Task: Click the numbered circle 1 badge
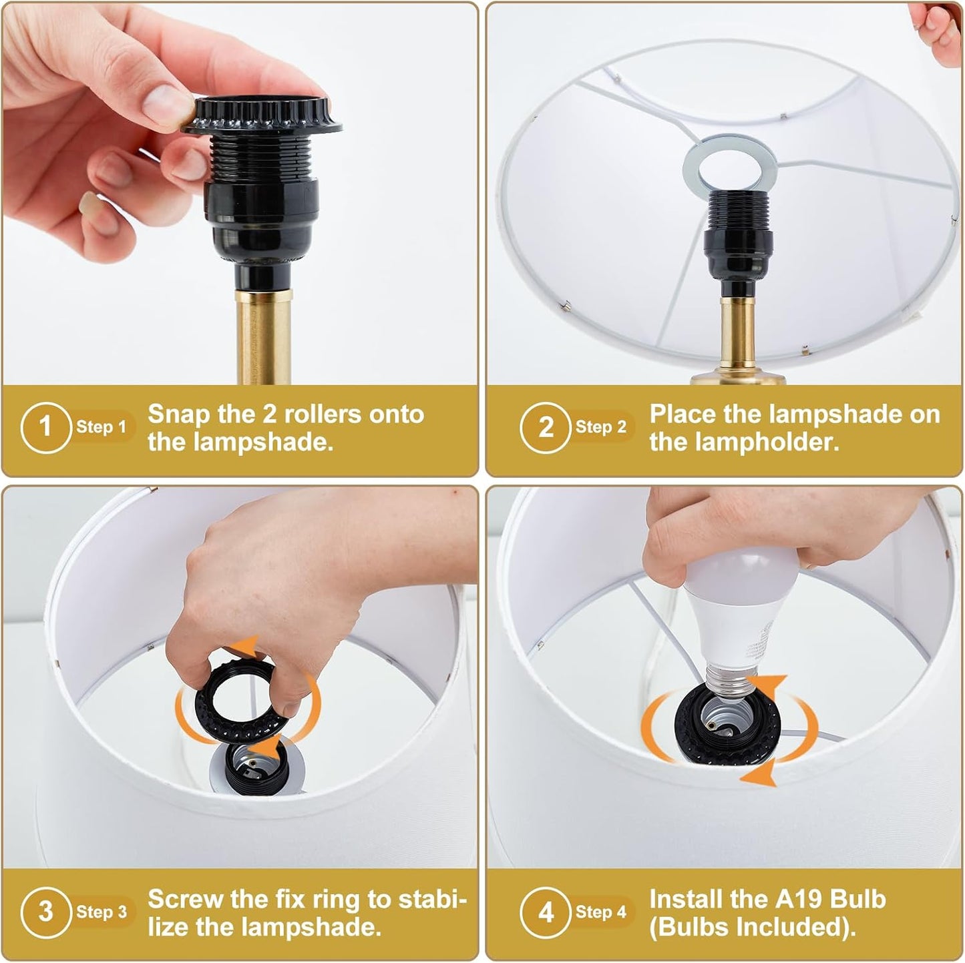tap(45, 427)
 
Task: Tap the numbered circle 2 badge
tap(546, 427)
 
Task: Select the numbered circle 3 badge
tap(45, 912)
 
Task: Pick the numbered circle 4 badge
tap(546, 912)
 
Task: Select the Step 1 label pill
tap(101, 427)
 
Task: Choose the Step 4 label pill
tap(601, 912)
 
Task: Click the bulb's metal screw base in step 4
tap(728, 683)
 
